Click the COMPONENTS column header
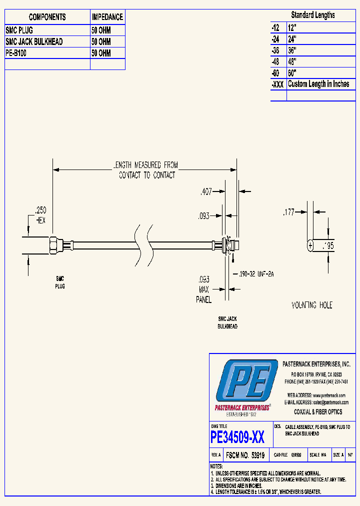(x=47, y=17)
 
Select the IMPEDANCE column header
(x=107, y=17)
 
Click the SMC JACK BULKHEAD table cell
(x=34, y=42)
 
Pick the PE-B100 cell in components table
(x=16, y=53)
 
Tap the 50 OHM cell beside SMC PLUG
(x=101, y=30)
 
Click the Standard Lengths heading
(x=313, y=15)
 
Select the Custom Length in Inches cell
(x=318, y=84)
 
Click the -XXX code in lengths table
(x=277, y=84)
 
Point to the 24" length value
(x=292, y=38)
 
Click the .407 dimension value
(x=205, y=191)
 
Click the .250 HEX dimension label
(x=40, y=215)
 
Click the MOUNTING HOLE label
(x=312, y=305)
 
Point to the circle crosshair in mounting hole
(x=310, y=245)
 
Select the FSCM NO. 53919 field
(x=245, y=455)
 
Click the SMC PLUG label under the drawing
(x=59, y=282)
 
